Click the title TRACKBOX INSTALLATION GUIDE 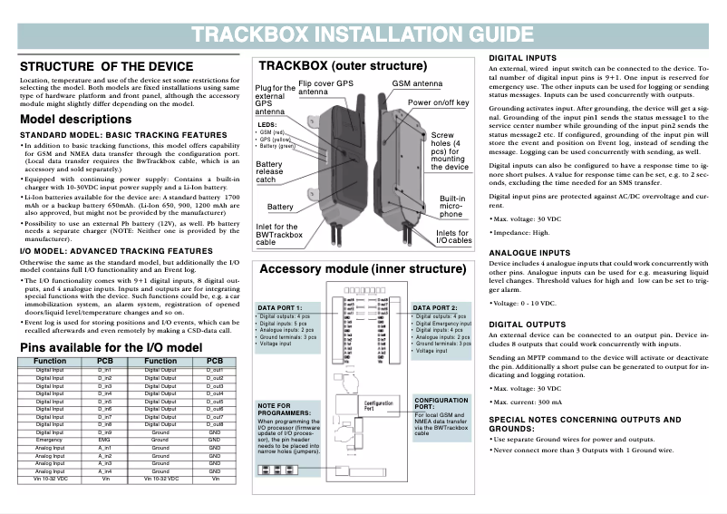point(363,35)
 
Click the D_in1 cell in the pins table point(104,371)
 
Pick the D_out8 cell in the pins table point(215,423)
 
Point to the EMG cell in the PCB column point(104,439)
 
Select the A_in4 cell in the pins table point(104,470)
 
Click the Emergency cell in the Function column point(50,439)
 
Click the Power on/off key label point(439,102)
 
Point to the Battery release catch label point(270,172)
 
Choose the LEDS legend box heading point(267,124)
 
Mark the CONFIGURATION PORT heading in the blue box point(441,403)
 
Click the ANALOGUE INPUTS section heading point(529,253)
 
